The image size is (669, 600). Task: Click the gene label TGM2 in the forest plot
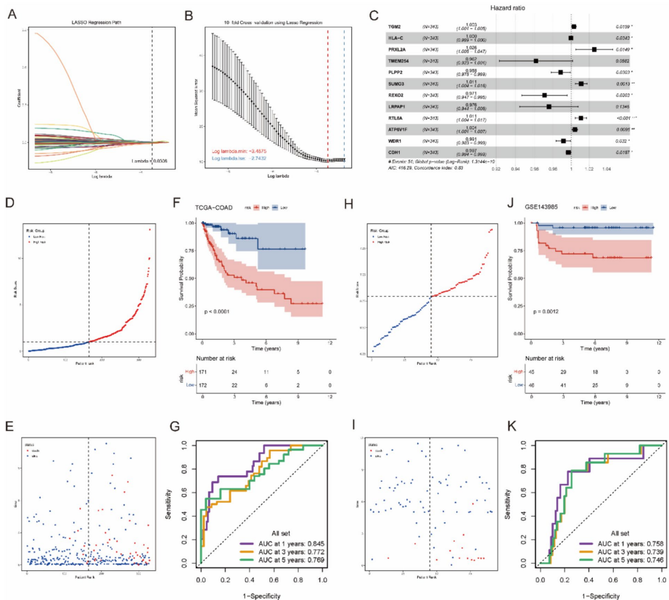pyautogui.click(x=395, y=26)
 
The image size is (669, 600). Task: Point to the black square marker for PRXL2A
pyautogui.click(x=594, y=49)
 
